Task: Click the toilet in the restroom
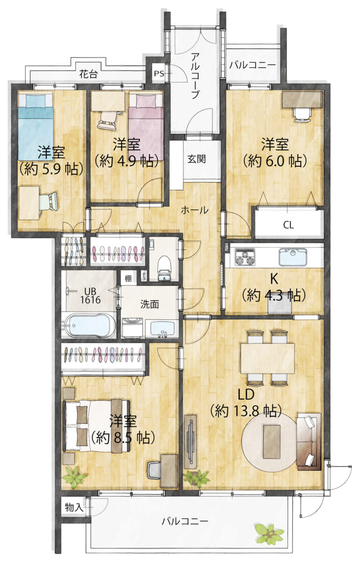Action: coord(165,268)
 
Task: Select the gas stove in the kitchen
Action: coord(244,257)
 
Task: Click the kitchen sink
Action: coord(293,257)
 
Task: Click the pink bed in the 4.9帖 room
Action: coord(146,127)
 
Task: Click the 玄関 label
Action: coord(197,159)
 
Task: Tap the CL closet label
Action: coord(288,225)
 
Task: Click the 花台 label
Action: coord(88,74)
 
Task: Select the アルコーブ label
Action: coord(195,75)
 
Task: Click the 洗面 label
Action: coord(149,304)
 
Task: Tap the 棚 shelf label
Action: coord(128,279)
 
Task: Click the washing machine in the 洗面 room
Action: coord(132,328)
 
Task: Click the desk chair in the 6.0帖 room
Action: coord(302,115)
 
